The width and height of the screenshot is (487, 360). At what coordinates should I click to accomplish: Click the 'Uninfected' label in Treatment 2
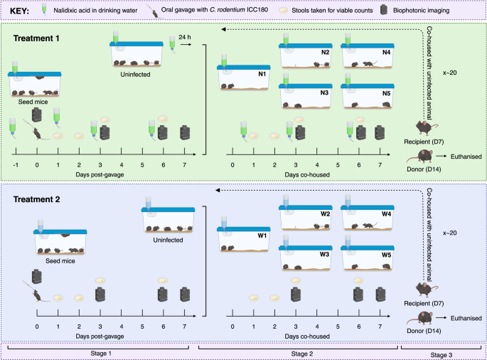167,240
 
